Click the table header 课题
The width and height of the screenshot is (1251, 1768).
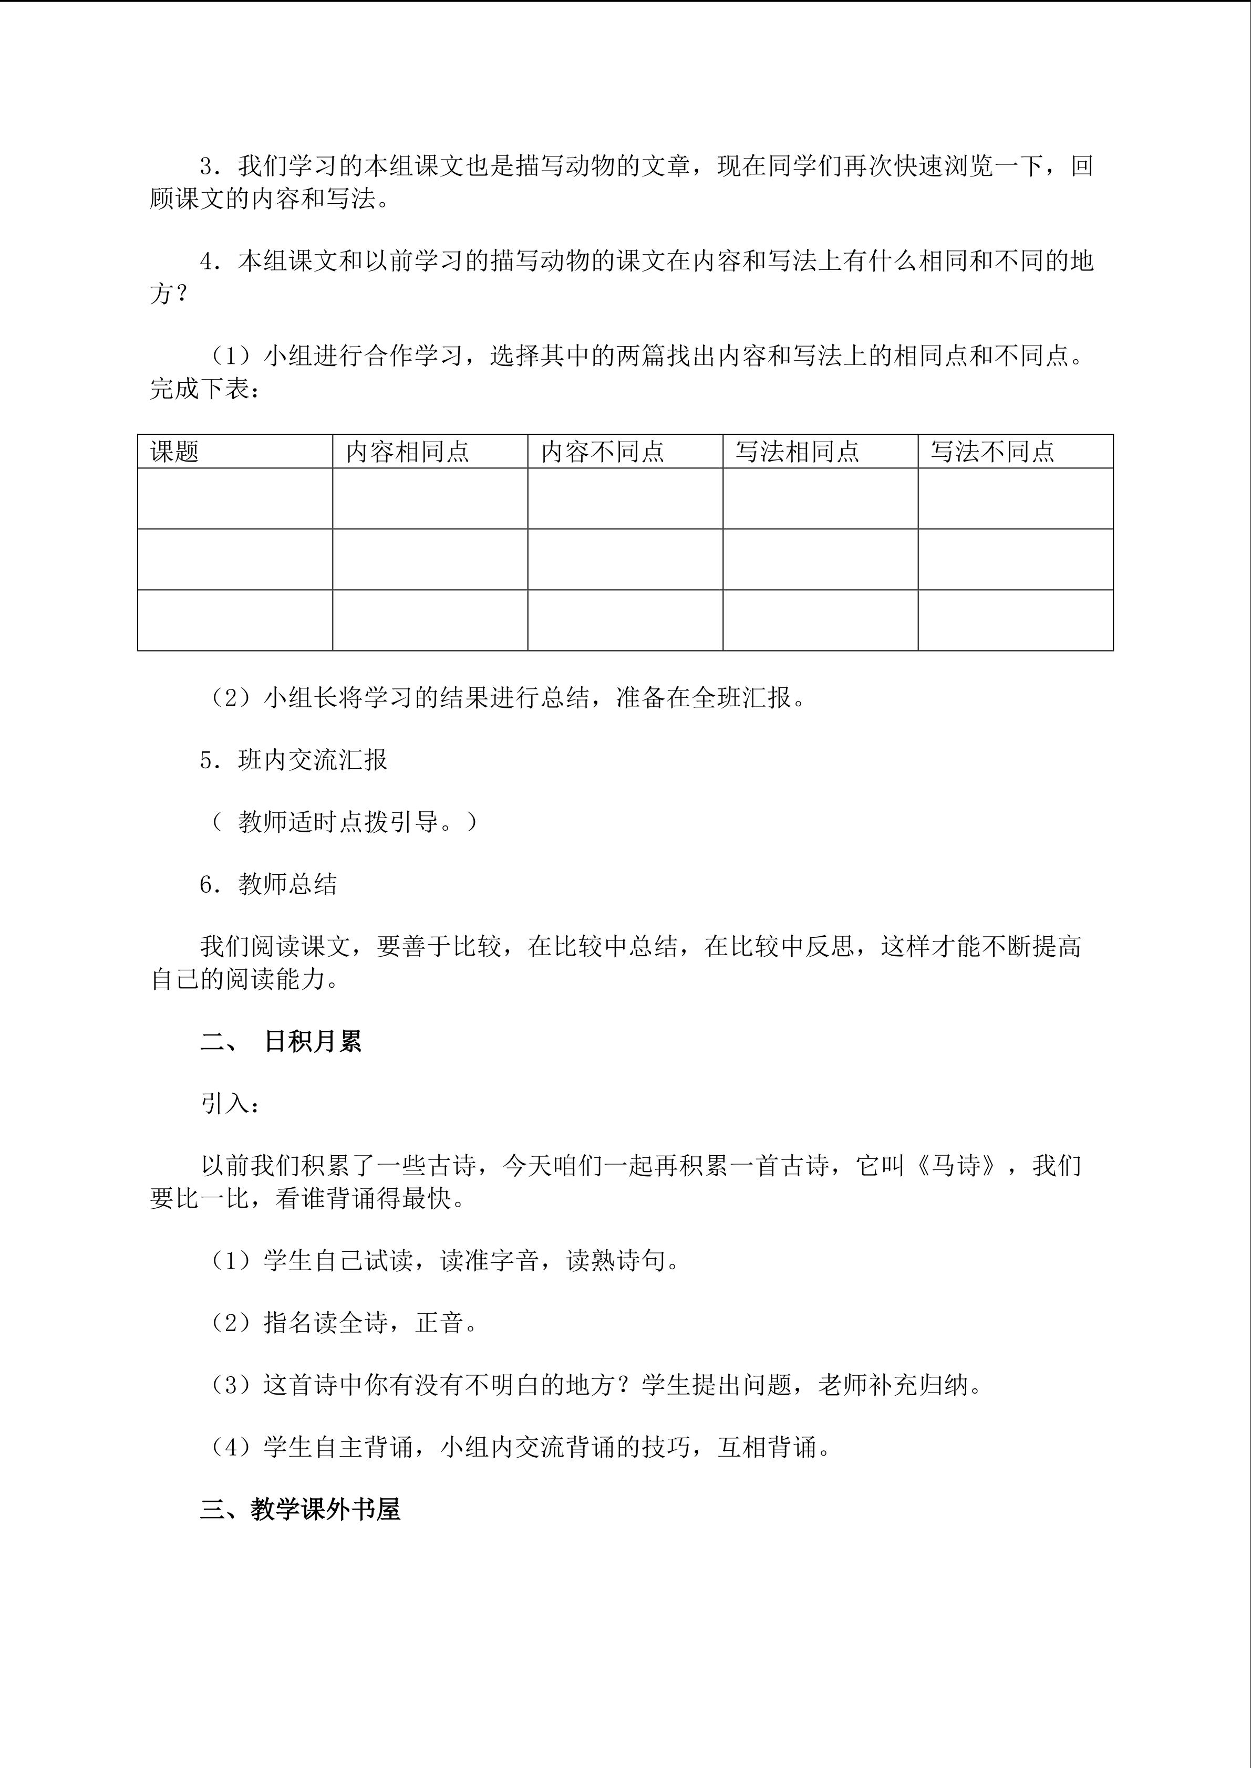pyautogui.click(x=175, y=451)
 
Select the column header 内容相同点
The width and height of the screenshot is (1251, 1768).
pyautogui.click(x=408, y=451)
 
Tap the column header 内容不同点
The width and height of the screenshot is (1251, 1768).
pyautogui.click(x=603, y=451)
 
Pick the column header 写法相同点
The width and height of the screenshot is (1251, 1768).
pyautogui.click(x=797, y=451)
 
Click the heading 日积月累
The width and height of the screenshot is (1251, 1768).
pyautogui.click(x=312, y=1042)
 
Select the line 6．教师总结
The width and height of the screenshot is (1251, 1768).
pyautogui.click(x=268, y=884)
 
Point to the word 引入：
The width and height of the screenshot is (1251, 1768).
pyautogui.click(x=230, y=1103)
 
